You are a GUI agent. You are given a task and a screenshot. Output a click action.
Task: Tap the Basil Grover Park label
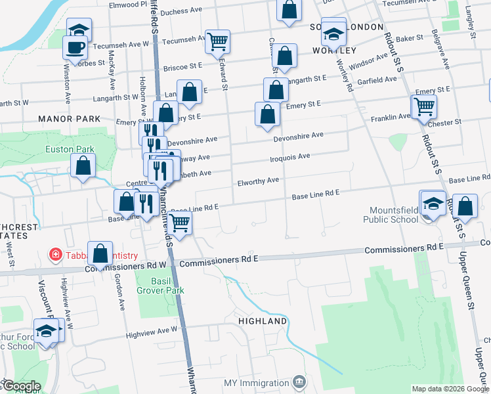[x=160, y=285]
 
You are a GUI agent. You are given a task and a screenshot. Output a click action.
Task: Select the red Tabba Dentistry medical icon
[x=56, y=254]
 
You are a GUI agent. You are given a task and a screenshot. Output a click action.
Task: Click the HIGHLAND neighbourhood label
[x=263, y=321]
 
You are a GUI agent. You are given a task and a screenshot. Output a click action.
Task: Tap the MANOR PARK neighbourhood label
[x=70, y=119]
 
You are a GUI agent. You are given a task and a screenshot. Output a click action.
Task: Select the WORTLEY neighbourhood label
[x=335, y=51]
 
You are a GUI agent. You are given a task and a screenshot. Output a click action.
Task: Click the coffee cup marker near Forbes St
[x=74, y=47]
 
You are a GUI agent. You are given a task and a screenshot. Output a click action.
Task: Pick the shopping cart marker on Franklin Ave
[x=424, y=105]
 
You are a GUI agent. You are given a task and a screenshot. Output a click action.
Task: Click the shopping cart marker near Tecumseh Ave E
[x=217, y=41]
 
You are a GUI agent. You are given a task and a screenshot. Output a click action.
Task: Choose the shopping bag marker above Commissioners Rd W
[x=100, y=252]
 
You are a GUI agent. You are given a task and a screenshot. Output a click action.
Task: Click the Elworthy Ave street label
[x=258, y=180]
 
